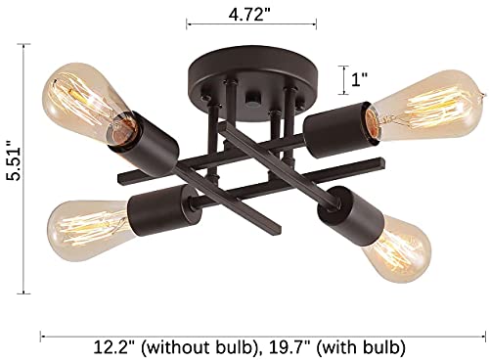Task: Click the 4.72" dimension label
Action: pos(250,14)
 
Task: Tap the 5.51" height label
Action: pos(15,160)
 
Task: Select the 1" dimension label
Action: pos(359,79)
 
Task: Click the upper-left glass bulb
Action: pos(88,102)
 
